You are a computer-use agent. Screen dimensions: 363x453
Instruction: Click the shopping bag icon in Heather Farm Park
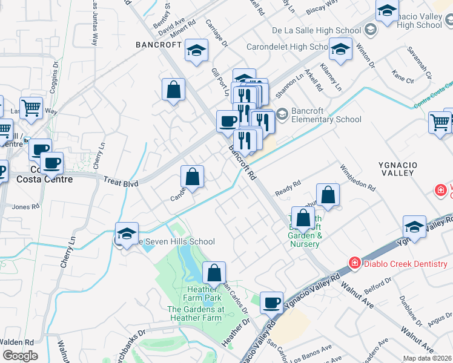pos(214,273)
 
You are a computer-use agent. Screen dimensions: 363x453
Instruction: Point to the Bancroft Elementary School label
pos(326,115)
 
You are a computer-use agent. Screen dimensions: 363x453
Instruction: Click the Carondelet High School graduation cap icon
pos(340,49)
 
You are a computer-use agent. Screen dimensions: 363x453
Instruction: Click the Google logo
pos(20,356)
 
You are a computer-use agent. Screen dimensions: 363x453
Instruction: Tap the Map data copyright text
pos(428,358)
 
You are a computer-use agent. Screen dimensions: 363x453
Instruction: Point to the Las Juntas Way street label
pos(94,24)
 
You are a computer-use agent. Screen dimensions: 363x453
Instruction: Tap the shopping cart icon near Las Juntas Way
pos(31,108)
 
